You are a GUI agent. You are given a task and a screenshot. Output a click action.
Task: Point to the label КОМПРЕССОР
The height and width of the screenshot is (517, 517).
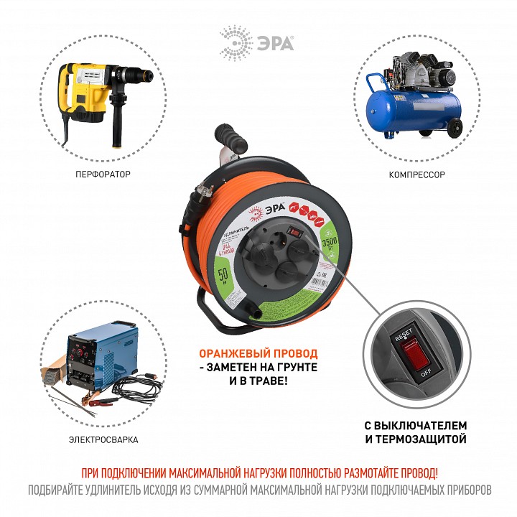(417, 174)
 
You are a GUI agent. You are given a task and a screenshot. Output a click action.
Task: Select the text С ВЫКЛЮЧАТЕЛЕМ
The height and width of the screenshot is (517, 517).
(414, 425)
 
